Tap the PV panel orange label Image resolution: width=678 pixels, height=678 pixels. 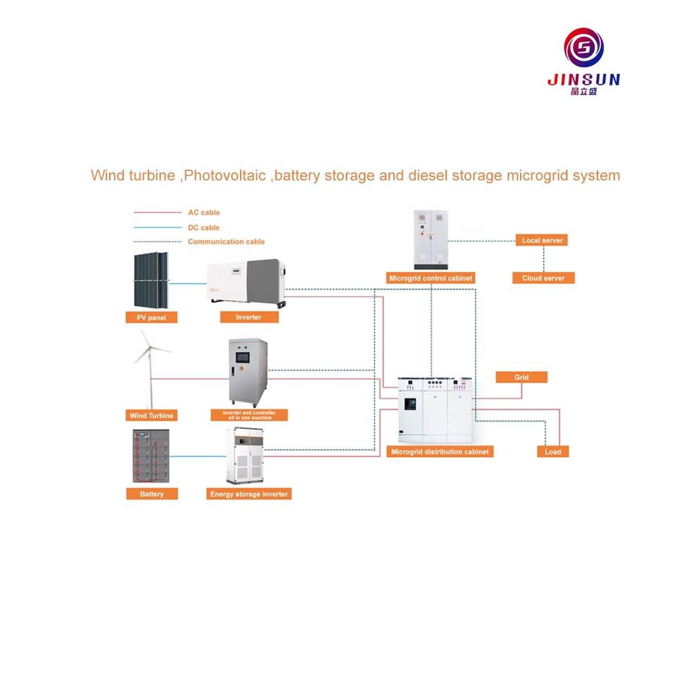152,318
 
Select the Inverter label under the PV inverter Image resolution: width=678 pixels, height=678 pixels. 249,318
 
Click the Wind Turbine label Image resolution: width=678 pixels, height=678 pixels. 151,415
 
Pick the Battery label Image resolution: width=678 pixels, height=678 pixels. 151,494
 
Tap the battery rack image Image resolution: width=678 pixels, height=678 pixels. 151,456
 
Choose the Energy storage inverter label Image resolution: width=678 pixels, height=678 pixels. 249,494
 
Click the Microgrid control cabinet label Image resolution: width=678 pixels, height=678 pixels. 431,278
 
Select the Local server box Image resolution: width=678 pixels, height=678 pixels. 542,241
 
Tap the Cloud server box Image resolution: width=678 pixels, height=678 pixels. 543,278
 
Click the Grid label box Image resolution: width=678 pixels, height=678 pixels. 521,378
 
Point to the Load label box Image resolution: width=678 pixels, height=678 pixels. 552,451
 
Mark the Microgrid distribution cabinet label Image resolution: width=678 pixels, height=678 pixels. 439,451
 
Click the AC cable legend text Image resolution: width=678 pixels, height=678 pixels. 204,212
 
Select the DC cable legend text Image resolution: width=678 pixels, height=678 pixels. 204,227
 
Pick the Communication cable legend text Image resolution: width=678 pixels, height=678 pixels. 226,242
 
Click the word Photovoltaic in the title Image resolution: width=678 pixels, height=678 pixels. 226,175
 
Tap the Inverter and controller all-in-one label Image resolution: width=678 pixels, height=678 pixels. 249,415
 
